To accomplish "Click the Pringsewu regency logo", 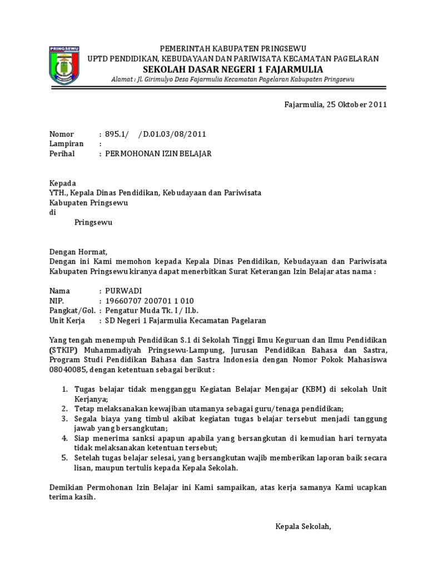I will (64, 66).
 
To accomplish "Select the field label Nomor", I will (61, 134).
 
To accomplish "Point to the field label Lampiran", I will (66, 143).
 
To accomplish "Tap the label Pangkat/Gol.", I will (72, 311).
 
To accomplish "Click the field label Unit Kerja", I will (69, 321).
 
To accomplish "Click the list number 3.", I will (64, 418).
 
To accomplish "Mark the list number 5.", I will (64, 458).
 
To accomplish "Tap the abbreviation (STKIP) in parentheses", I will (64, 350).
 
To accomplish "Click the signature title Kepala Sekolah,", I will (303, 526).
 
